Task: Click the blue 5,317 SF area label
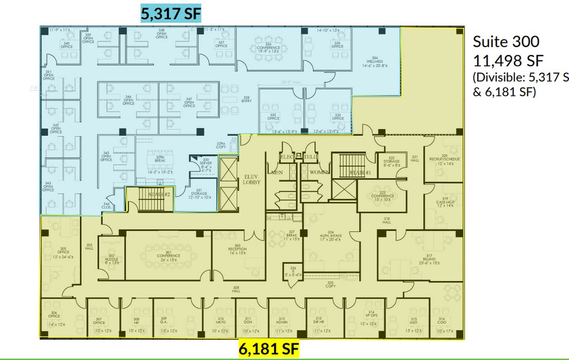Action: click(171, 13)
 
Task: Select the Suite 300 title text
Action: click(506, 42)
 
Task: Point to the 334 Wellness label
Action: click(375, 61)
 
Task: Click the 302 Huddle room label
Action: click(111, 258)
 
